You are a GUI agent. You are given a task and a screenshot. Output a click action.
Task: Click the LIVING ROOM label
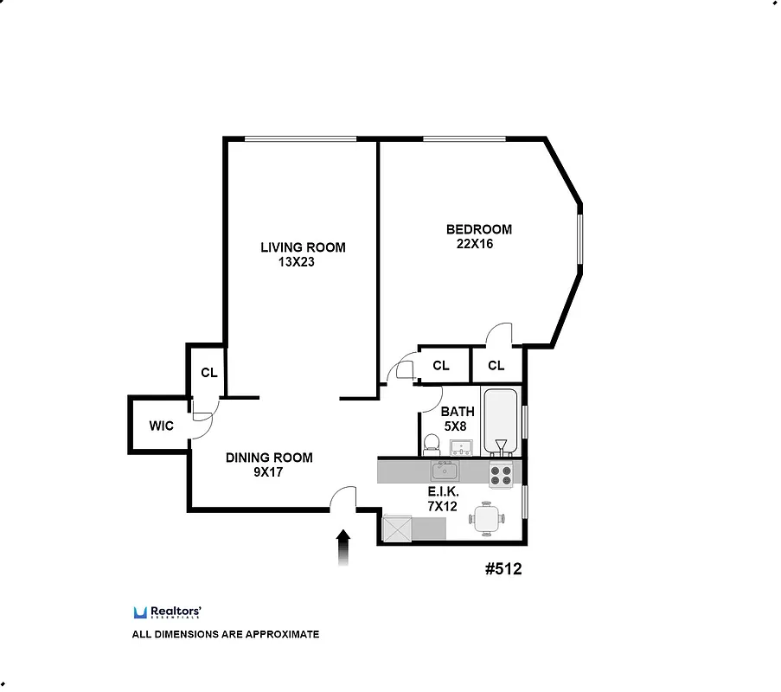(303, 247)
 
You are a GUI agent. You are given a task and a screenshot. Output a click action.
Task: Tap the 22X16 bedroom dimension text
(475, 244)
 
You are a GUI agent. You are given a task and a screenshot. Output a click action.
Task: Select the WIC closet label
(161, 426)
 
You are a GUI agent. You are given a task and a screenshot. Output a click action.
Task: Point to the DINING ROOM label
(269, 458)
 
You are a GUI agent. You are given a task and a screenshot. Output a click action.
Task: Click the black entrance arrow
(343, 547)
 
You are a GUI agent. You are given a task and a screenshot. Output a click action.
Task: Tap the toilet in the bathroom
(432, 445)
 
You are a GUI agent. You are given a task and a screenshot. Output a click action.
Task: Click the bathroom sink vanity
(461, 447)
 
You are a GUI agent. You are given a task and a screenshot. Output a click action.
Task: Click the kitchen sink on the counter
(445, 471)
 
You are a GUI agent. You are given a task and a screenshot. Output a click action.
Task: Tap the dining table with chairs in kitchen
(484, 519)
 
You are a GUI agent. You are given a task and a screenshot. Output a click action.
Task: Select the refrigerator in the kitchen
(397, 528)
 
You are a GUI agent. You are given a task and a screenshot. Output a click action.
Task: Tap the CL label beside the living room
(208, 373)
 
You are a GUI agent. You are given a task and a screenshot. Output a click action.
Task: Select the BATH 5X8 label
(458, 419)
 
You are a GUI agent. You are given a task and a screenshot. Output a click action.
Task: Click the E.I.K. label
(442, 491)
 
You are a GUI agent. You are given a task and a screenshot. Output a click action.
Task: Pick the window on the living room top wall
(300, 138)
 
